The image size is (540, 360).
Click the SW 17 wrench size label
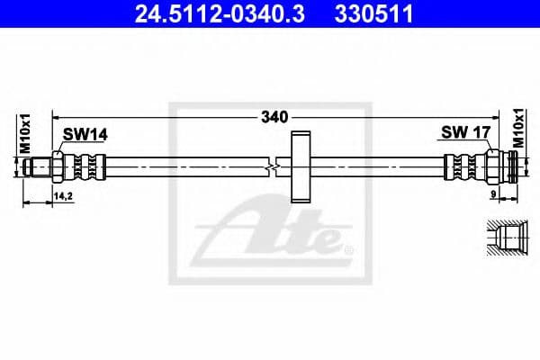[x=464, y=133]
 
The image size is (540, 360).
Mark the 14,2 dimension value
[x=64, y=194]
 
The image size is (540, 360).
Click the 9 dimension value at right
[x=494, y=193]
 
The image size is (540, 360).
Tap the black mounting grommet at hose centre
[x=300, y=166]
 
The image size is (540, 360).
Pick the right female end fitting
[x=506, y=166]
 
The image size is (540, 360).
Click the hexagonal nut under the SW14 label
[x=59, y=166]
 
